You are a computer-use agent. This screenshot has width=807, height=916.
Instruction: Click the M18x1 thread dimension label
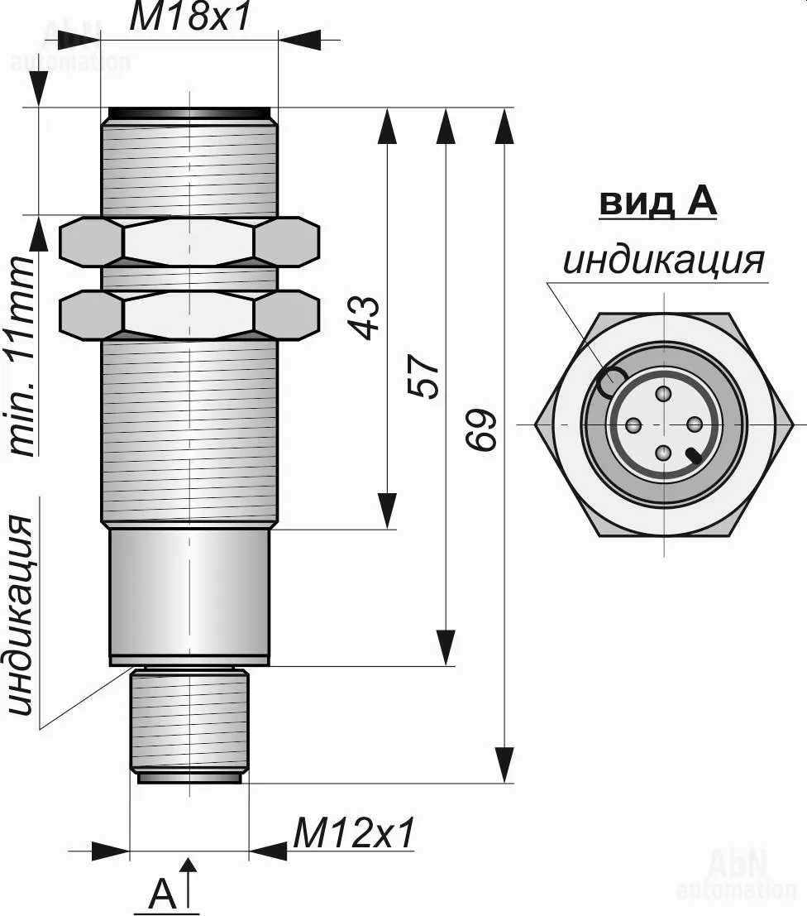tap(189, 18)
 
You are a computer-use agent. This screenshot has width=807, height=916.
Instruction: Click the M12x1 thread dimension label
tap(353, 834)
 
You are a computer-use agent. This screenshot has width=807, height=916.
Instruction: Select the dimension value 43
tap(365, 317)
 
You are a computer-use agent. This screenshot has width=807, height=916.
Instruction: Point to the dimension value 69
tap(481, 429)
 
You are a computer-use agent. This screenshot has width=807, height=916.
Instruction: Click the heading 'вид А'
tap(657, 203)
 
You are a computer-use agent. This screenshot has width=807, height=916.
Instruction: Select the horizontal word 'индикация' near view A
tap(663, 260)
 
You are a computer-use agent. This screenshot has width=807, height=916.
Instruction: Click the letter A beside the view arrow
tap(163, 894)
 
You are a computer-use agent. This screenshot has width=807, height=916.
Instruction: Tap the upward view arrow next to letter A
tap(189, 881)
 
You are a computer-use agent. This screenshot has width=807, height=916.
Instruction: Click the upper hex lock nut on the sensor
tap(189, 242)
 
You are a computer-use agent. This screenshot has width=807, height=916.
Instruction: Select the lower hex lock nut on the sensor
tap(189, 314)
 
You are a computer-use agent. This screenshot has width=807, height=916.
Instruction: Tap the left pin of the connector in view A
tap(633, 425)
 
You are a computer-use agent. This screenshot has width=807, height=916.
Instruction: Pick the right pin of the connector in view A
tap(694, 424)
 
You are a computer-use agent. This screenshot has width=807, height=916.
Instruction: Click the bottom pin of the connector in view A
tap(663, 453)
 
